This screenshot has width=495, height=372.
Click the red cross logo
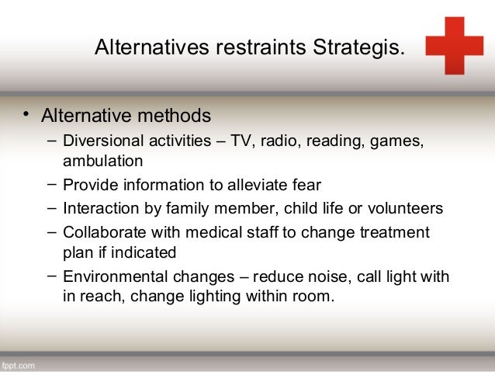click(454, 45)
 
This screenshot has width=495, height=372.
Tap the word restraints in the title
click(258, 48)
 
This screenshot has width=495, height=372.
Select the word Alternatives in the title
click(146, 48)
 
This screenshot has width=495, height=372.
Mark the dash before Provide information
click(50, 185)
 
